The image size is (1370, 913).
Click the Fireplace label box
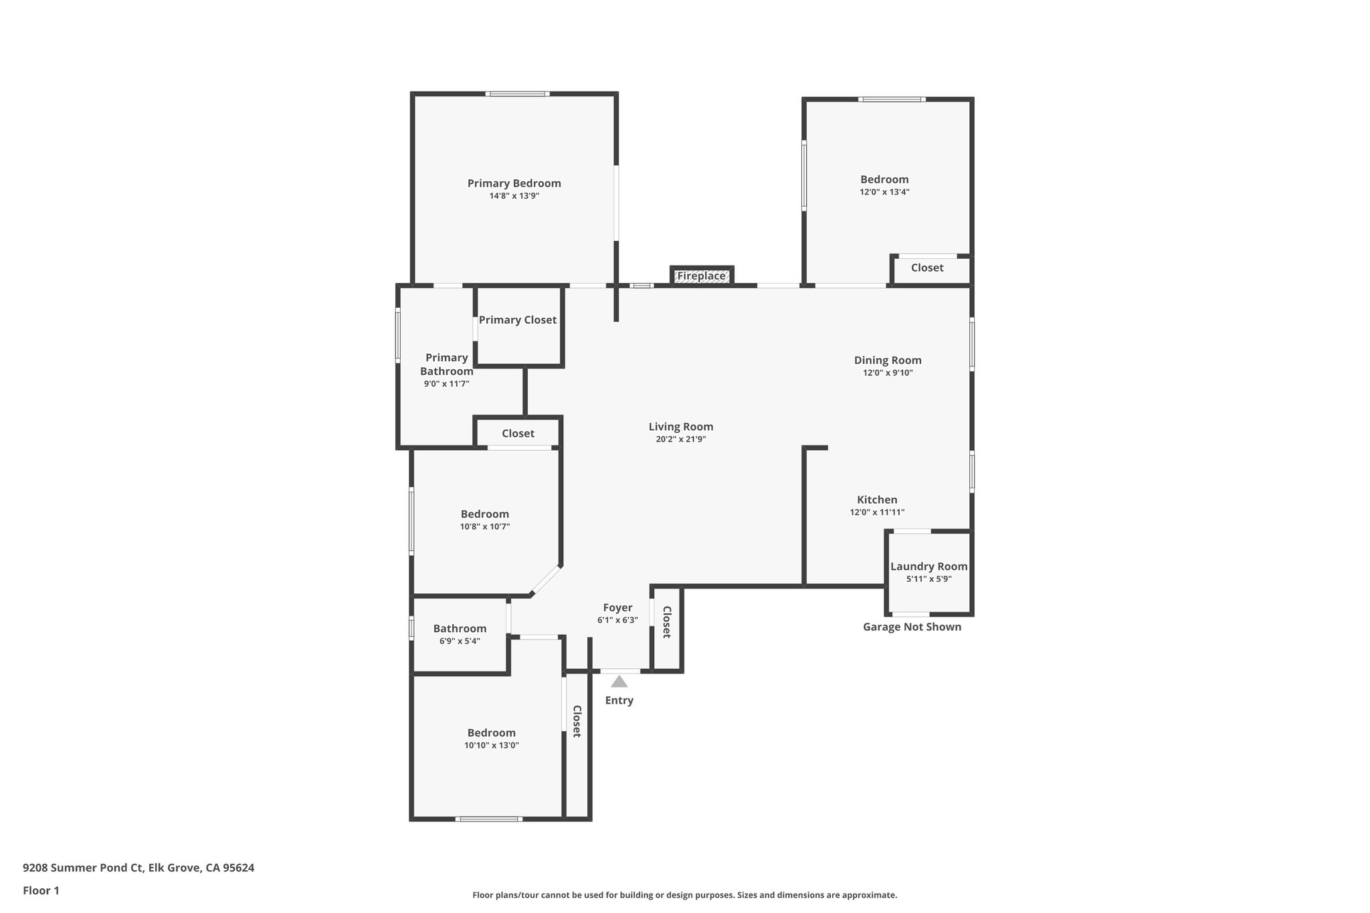pyautogui.click(x=701, y=276)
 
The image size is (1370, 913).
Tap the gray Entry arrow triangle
pyautogui.click(x=619, y=682)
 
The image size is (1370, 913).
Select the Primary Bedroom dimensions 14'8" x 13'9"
pyautogui.click(x=514, y=196)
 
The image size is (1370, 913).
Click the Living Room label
pyautogui.click(x=680, y=427)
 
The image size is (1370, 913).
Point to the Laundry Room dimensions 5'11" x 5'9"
pyautogui.click(x=928, y=579)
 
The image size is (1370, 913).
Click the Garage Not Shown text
pyautogui.click(x=912, y=627)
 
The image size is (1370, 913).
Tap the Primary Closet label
pyautogui.click(x=517, y=320)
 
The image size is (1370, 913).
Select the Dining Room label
pyautogui.click(x=888, y=360)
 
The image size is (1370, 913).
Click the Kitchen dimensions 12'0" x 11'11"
pyautogui.click(x=877, y=512)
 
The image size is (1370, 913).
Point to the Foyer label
pyautogui.click(x=617, y=607)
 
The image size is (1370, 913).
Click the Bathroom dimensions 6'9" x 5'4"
pyautogui.click(x=460, y=641)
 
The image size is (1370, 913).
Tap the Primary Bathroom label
pyautogui.click(x=446, y=365)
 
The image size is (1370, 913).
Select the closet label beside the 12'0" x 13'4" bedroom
pyautogui.click(x=927, y=268)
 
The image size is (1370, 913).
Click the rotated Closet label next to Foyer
pyautogui.click(x=666, y=622)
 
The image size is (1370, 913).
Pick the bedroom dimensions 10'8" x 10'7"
pyautogui.click(x=484, y=526)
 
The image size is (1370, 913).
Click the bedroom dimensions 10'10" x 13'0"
pyautogui.click(x=491, y=745)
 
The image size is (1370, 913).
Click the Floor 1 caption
pyautogui.click(x=41, y=890)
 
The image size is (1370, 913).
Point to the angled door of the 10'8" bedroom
pyautogui.click(x=545, y=580)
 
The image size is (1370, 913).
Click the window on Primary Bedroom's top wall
pyautogui.click(x=517, y=94)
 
